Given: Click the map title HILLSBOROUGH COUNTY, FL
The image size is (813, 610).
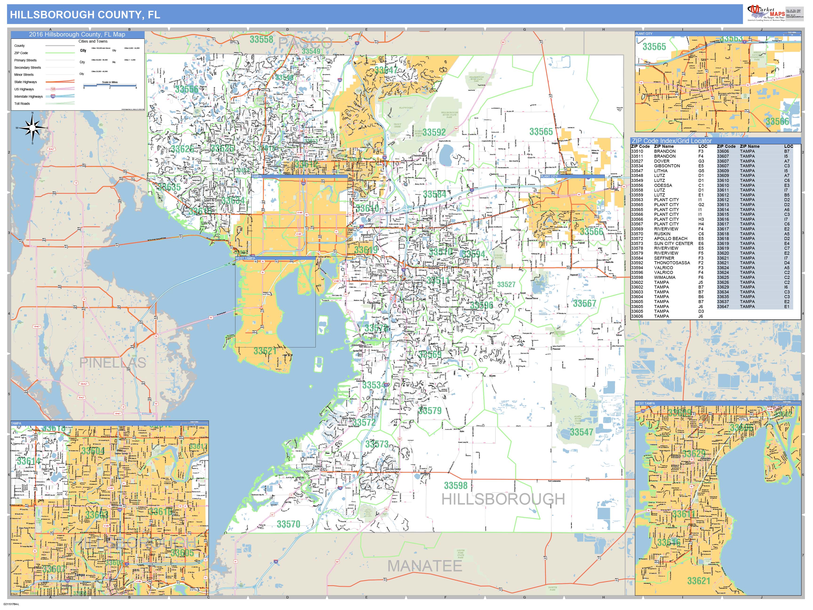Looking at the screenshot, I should click(x=85, y=15).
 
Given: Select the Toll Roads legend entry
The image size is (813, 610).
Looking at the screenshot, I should click(x=22, y=104).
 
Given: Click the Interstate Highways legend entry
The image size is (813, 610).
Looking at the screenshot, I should click(x=28, y=96).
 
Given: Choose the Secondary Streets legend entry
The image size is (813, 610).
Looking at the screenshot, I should click(x=28, y=68).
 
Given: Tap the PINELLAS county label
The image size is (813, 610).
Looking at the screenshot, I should click(x=112, y=363).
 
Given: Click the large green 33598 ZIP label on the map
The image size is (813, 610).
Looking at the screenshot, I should click(x=455, y=485).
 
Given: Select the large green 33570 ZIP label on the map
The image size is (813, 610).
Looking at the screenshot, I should click(x=288, y=524).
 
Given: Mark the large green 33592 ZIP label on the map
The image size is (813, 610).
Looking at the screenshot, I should click(x=434, y=132).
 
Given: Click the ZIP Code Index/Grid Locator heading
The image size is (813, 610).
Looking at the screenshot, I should click(x=671, y=141).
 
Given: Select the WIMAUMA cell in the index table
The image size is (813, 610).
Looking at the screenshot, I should click(x=665, y=278).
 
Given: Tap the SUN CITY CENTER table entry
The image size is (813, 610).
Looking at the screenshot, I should click(x=673, y=243).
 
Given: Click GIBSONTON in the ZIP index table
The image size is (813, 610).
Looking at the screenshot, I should click(x=667, y=166).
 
